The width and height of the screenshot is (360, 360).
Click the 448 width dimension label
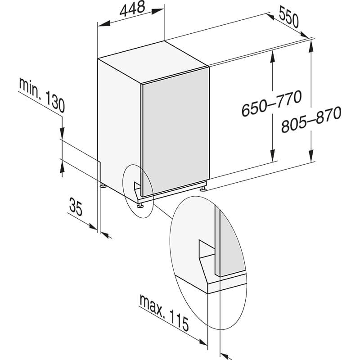[x=132, y=9]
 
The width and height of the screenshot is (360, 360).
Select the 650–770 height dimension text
[x=271, y=103]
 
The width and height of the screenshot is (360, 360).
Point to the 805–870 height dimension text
[x=311, y=119]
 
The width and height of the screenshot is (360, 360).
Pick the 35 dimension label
[x=76, y=207]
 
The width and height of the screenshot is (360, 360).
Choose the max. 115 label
[x=164, y=313]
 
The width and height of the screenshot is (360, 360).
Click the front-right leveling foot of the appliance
[x=203, y=189]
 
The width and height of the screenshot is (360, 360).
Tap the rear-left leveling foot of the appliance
[x=103, y=185]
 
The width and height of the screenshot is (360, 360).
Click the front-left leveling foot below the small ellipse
[x=139, y=206]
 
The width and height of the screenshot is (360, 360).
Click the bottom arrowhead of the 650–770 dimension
[x=273, y=155]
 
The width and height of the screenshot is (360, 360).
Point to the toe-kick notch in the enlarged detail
[x=207, y=249]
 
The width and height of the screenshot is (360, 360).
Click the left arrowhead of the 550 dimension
[x=270, y=17]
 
